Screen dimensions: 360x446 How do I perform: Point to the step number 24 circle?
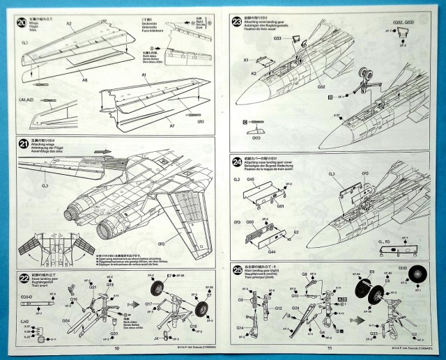tap(236, 159)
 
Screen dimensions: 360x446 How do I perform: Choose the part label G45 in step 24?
tap(250, 180)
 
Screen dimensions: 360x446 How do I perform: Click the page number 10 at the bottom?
tap(116, 348)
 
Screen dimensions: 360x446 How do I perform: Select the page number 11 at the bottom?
tap(330, 347)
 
